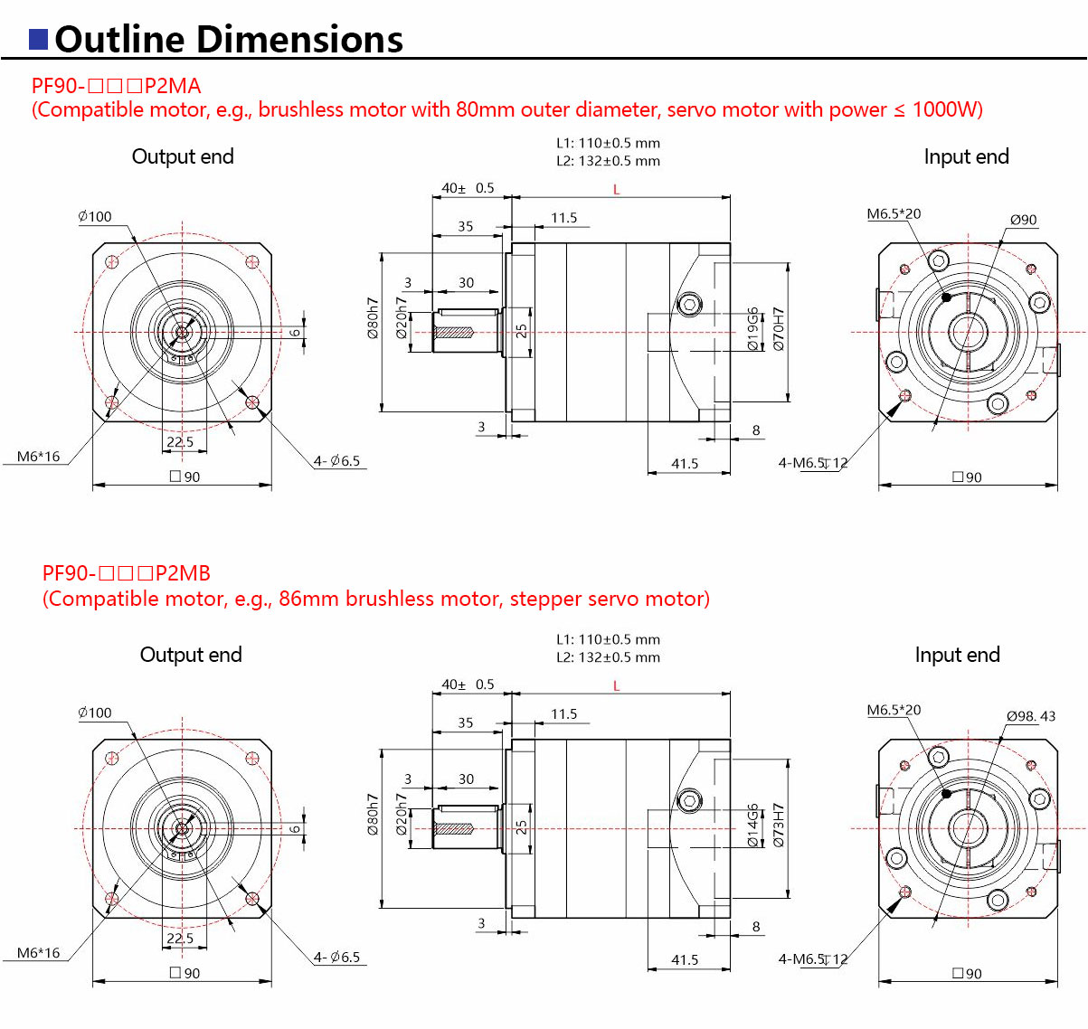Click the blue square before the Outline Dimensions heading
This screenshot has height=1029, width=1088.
(39, 39)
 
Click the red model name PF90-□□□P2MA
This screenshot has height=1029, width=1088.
(116, 86)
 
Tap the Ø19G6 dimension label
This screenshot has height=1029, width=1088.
(752, 328)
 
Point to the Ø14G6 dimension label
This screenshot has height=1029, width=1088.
(752, 825)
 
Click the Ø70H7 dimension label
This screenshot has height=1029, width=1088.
(779, 328)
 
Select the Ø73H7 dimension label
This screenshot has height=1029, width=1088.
(779, 825)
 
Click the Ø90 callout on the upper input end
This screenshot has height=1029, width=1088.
(1023, 220)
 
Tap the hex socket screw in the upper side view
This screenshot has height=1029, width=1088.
(690, 304)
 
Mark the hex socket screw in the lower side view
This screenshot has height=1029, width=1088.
(690, 800)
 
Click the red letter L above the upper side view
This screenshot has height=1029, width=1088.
(617, 189)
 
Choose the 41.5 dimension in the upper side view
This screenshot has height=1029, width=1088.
(685, 464)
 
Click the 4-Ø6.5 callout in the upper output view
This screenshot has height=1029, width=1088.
(336, 461)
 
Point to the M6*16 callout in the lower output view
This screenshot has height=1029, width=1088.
(38, 953)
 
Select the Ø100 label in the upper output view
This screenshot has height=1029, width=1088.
(95, 216)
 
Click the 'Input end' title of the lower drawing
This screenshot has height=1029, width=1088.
(957, 655)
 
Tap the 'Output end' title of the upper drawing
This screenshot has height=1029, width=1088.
(183, 156)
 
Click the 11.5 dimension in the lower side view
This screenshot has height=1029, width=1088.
(563, 714)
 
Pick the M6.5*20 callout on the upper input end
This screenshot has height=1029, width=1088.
(894, 214)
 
